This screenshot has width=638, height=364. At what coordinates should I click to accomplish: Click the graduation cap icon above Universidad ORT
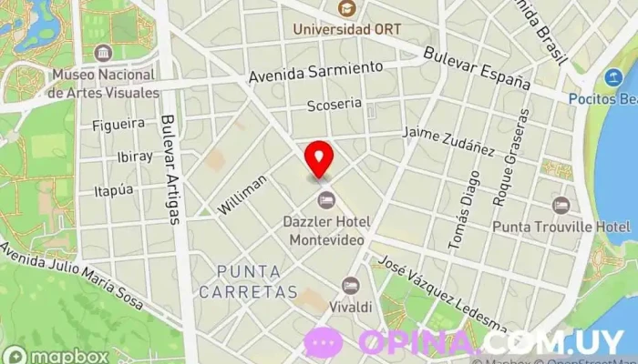(x=346, y=9)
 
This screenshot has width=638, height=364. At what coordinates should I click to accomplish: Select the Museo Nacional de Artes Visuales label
(x=106, y=84)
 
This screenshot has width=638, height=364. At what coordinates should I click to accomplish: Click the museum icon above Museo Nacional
(x=103, y=52)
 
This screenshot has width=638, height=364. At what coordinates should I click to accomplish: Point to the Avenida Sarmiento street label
(x=316, y=69)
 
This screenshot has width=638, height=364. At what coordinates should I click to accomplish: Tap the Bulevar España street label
(x=477, y=68)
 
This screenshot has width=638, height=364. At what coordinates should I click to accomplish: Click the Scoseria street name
(x=334, y=104)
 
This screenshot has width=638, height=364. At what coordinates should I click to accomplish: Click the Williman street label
(x=243, y=195)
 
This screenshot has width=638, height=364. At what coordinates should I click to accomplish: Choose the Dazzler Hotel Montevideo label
(x=326, y=230)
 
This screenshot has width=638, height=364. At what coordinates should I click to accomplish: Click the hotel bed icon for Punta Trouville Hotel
(x=561, y=205)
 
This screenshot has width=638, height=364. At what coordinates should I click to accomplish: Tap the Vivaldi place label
(x=350, y=308)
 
